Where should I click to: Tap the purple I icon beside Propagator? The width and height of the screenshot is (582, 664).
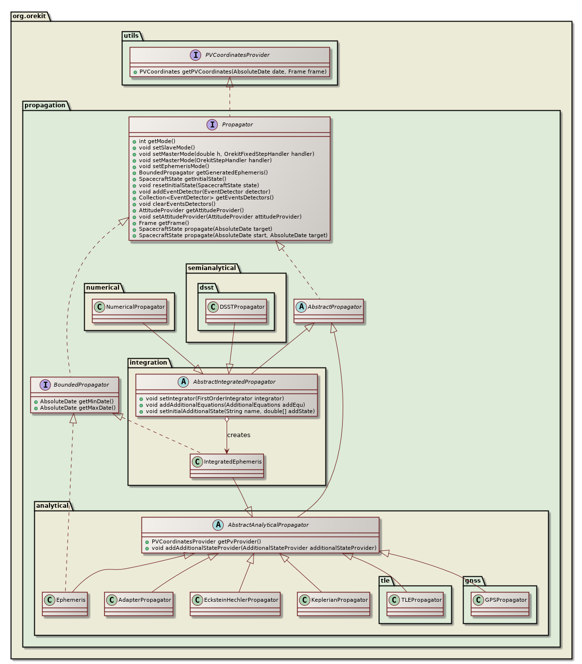(212, 124)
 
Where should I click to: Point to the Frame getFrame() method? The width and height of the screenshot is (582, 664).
(163, 223)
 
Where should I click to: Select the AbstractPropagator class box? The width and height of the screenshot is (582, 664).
(328, 311)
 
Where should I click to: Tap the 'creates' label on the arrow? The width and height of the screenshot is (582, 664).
(238, 435)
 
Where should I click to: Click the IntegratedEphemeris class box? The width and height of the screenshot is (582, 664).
(227, 465)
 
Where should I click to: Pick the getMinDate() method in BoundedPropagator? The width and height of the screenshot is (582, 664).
(76, 401)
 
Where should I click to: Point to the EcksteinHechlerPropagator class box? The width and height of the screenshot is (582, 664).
(235, 603)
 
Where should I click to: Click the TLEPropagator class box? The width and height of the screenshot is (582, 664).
(415, 603)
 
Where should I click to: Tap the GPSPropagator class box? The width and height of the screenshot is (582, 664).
(500, 603)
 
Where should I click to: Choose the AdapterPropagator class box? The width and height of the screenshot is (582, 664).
(139, 603)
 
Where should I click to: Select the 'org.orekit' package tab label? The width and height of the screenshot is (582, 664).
(29, 16)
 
